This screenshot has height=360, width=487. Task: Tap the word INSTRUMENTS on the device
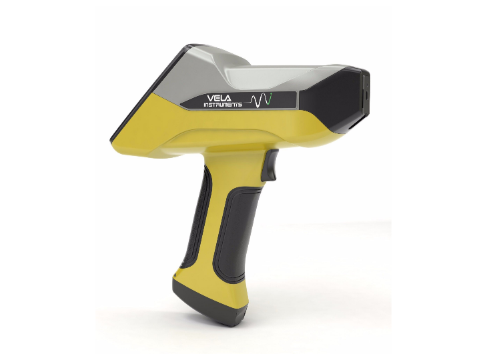click(x=223, y=105)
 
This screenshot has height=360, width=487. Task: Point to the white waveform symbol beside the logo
click(x=258, y=100)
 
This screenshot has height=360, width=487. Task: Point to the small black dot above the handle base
click(x=175, y=275)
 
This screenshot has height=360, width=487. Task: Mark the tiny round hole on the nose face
click(x=366, y=85)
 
